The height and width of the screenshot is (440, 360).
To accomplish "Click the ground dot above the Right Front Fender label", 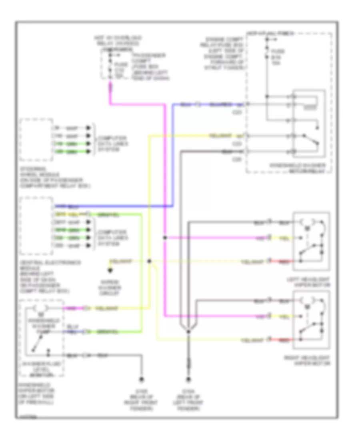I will pyautogui.click(x=142, y=379).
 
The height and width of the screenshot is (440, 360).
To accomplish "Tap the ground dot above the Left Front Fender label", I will pyautogui.click(x=188, y=379).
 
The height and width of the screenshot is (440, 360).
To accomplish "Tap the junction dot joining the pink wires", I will pyautogui.click(x=165, y=238).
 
